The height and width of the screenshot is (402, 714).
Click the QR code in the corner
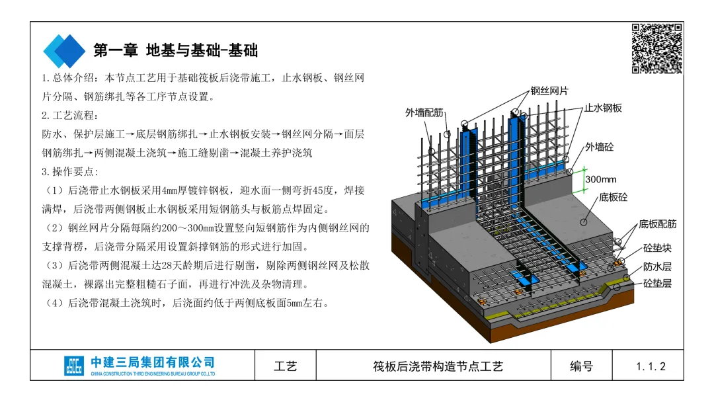tap(656, 48)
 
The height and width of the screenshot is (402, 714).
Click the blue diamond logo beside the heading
tap(64, 50)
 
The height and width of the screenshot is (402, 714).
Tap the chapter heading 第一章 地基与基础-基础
tap(175, 50)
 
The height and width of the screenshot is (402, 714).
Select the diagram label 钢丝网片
tap(549, 91)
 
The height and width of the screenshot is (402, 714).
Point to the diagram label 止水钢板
tap(603, 108)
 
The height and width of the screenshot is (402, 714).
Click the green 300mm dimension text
tap(600, 179)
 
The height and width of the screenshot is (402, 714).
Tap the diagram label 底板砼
tap(614, 197)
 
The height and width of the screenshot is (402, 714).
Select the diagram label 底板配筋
tap(657, 224)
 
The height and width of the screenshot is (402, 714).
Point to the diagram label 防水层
tap(657, 267)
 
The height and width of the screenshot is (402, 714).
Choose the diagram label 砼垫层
tap(657, 284)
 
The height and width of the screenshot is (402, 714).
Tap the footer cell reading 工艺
tap(286, 366)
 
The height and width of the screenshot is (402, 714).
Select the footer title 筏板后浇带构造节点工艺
tap(438, 366)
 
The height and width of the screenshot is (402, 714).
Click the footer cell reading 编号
tap(582, 366)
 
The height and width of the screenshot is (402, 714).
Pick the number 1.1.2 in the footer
tap(651, 366)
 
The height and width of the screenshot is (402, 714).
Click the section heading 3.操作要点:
tap(70, 172)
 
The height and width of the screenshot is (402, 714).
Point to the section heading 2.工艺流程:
tap(70, 115)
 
